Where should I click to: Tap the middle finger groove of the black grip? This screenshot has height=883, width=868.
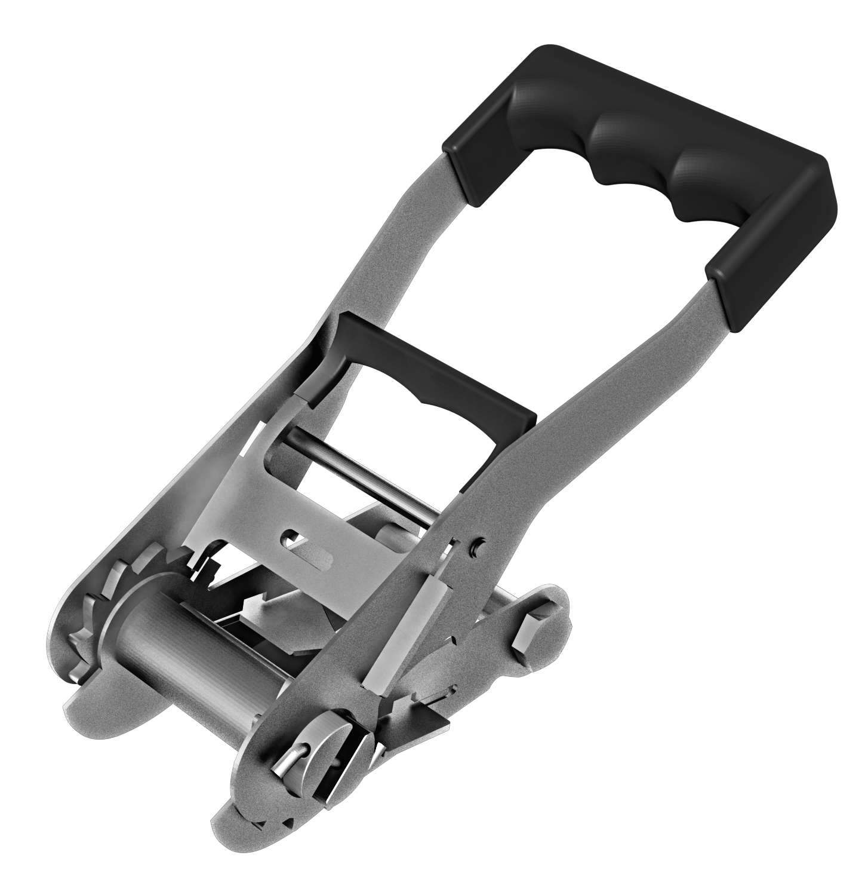[x=633, y=149]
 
